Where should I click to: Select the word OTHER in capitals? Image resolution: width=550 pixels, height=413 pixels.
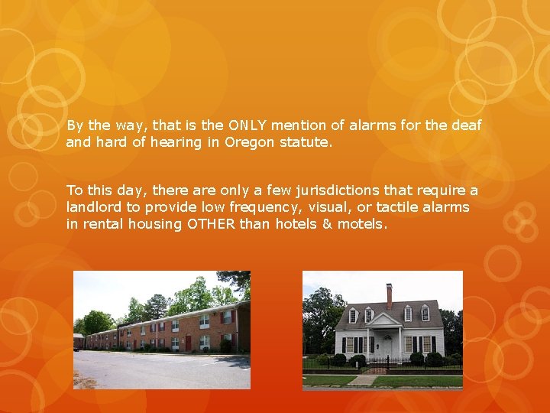(212, 224)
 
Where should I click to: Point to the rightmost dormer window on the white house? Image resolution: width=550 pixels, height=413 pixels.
(425, 314)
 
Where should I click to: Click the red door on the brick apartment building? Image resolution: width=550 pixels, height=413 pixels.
(188, 343)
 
